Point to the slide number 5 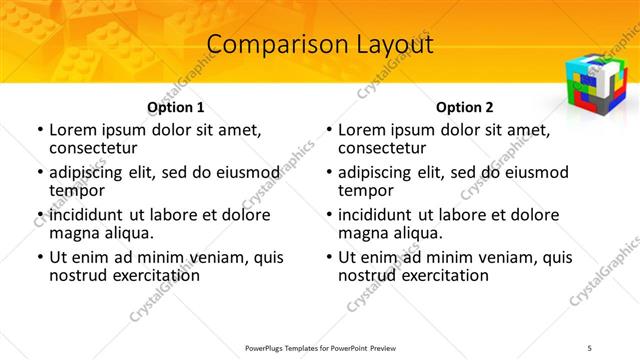(x=590, y=347)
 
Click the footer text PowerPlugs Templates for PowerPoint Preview (x=319, y=347)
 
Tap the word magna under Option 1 (x=74, y=233)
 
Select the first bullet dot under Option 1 (x=39, y=130)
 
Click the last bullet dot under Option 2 (x=328, y=257)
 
